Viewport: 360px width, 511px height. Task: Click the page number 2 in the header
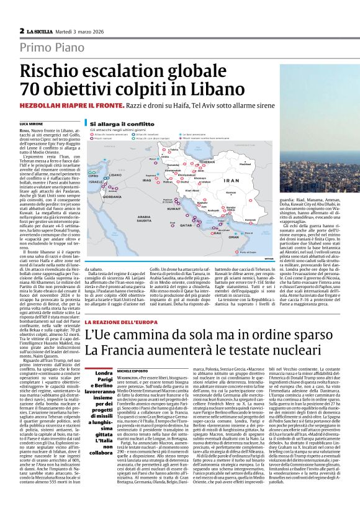[21, 30]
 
